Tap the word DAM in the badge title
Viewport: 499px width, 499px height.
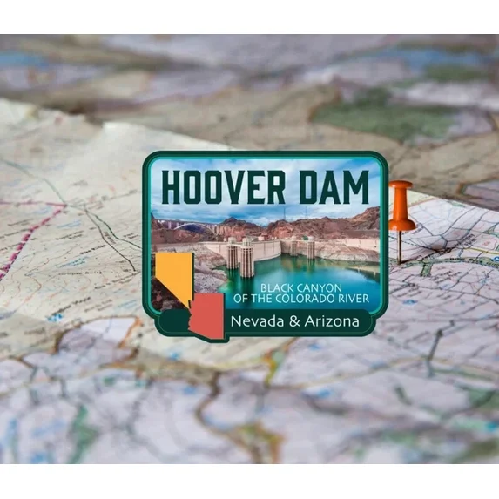point(333,188)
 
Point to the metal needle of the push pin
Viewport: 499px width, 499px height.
point(400,247)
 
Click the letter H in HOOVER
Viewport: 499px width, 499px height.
point(172,188)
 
